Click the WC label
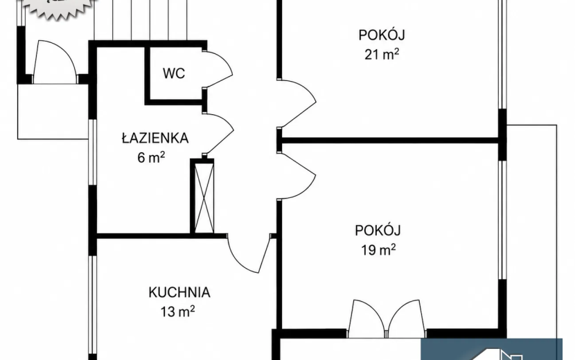tap(174, 73)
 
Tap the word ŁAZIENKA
tap(155, 138)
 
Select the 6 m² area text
tap(151, 157)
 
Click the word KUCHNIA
tap(179, 292)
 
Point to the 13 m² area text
tap(177, 312)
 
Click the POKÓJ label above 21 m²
tap(382, 35)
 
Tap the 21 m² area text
tap(382, 54)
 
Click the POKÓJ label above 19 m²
tap(378, 230)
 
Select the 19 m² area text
tap(378, 250)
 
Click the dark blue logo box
tap(491, 350)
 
